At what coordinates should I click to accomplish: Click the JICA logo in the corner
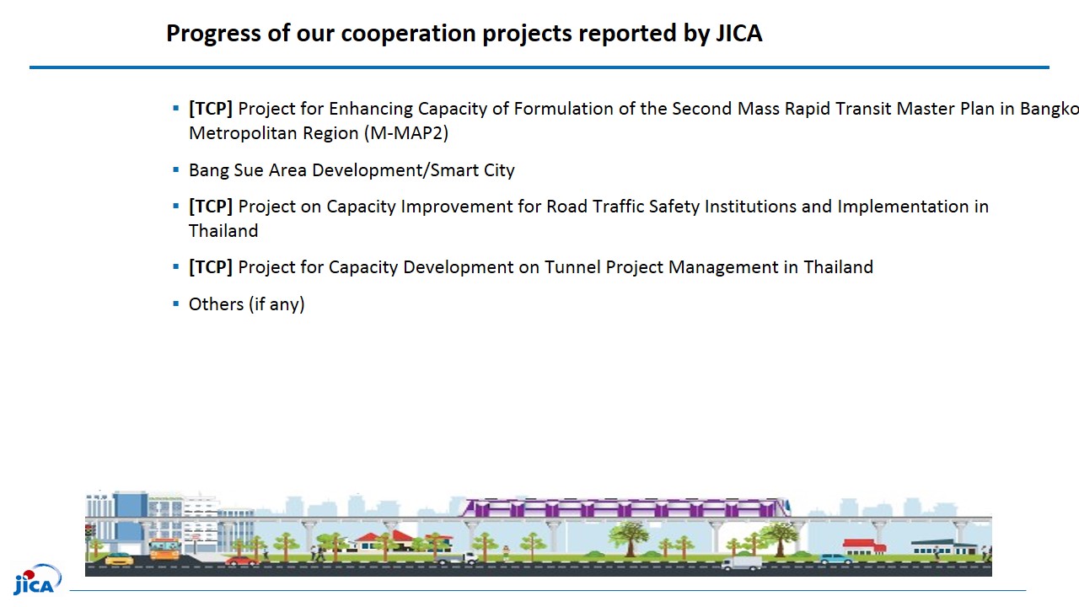[37, 580]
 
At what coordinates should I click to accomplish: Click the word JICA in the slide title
[739, 33]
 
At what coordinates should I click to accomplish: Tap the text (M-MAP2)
[406, 133]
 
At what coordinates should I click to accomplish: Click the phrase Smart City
[472, 170]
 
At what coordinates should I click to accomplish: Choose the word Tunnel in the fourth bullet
[572, 267]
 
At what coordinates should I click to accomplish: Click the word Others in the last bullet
[217, 304]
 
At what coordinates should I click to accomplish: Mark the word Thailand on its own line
[223, 231]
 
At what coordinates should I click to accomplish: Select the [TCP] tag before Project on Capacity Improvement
[211, 207]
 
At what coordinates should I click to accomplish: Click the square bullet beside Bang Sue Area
[176, 169]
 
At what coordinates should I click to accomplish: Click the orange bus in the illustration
[164, 549]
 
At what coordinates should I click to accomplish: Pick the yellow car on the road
[119, 559]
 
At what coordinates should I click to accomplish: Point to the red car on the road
[241, 561]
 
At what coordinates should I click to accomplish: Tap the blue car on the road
[835, 559]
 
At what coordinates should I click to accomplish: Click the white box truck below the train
[741, 563]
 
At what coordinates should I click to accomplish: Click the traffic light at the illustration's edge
[89, 532]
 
